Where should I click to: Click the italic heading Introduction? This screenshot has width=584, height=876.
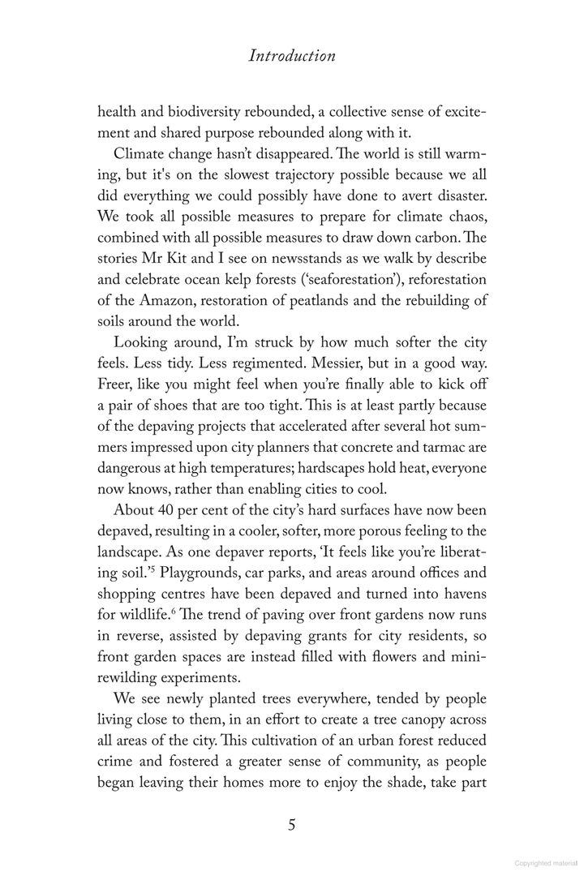click(x=291, y=57)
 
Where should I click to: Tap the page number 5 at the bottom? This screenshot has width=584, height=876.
click(x=292, y=826)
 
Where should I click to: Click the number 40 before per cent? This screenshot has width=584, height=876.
click(x=169, y=510)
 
